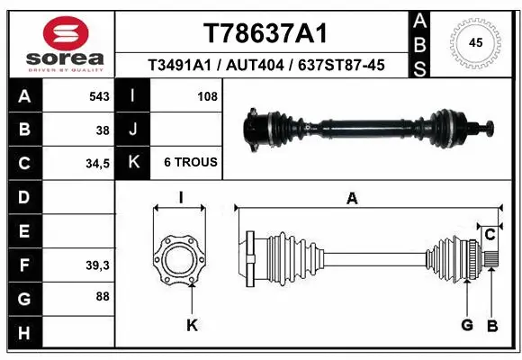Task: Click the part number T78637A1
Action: (264, 33)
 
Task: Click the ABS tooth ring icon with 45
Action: (476, 42)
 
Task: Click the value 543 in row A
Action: (99, 96)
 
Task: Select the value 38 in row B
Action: (103, 130)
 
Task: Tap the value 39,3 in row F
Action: (96, 265)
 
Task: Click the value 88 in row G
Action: (103, 295)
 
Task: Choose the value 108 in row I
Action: (208, 96)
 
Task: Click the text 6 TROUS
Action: (190, 163)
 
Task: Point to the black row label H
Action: (23, 334)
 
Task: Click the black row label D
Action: (23, 197)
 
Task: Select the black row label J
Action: (132, 130)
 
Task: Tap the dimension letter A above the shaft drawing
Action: (352, 198)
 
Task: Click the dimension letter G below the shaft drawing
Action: (467, 326)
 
